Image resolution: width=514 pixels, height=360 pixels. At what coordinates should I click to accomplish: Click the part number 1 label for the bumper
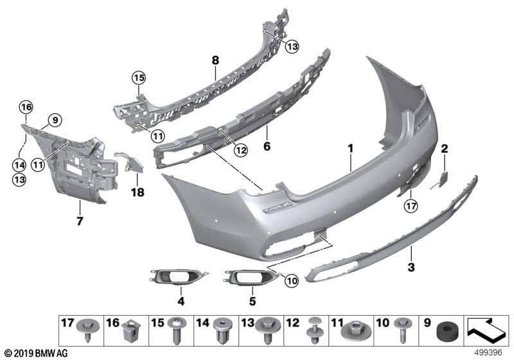click(351, 148)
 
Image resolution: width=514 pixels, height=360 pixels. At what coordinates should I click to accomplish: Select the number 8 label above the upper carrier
click(216, 60)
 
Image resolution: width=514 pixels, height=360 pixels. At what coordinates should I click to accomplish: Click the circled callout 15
click(138, 78)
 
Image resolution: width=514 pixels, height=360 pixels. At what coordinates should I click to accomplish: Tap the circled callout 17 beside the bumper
click(409, 206)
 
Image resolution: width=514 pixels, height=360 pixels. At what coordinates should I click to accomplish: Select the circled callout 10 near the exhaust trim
click(292, 280)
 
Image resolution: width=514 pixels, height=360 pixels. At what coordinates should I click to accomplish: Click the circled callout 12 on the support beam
click(222, 151)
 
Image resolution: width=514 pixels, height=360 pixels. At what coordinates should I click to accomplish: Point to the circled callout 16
click(25, 107)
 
